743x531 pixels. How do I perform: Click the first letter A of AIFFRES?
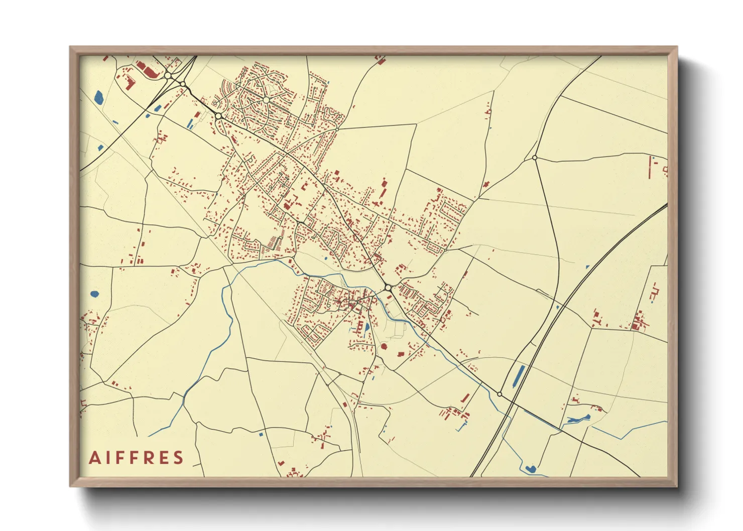(94, 458)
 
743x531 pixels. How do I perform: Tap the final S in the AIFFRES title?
(178, 458)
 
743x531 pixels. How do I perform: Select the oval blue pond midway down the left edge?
(94, 294)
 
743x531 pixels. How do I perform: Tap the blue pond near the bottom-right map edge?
(530, 469)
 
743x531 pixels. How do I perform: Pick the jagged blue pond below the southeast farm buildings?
(578, 418)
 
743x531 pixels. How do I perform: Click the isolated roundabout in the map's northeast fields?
(535, 158)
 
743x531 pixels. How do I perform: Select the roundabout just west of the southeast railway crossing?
(500, 394)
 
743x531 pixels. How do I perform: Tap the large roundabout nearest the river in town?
(388, 288)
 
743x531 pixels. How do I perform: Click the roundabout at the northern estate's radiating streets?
(266, 100)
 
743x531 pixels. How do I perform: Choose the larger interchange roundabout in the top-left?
(168, 76)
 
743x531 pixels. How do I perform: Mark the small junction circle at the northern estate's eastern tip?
(337, 129)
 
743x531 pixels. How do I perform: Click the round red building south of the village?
(384, 346)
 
